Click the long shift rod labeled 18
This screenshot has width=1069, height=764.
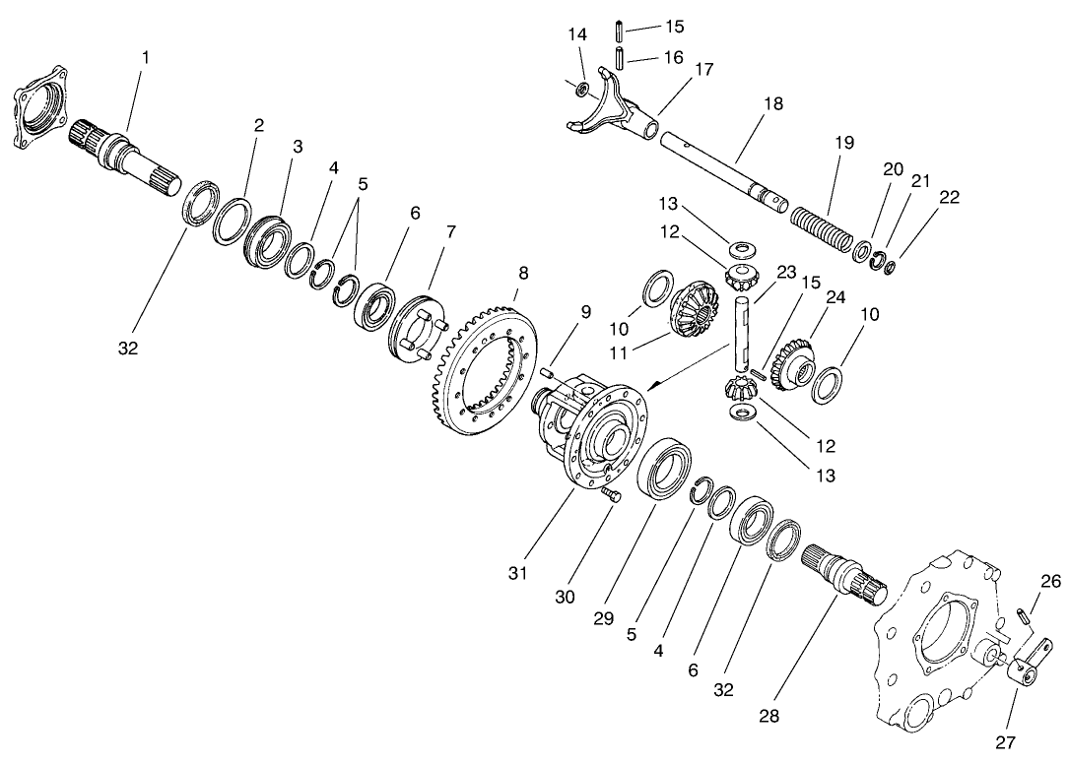tap(719, 168)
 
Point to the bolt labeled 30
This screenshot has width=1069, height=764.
tap(611, 496)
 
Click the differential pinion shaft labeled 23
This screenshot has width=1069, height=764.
tap(745, 330)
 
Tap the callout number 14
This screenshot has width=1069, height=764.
tap(577, 33)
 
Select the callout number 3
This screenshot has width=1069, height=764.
tap(297, 146)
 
